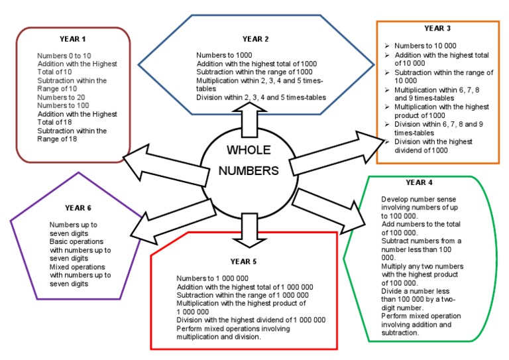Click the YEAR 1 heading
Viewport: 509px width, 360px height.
click(x=72, y=39)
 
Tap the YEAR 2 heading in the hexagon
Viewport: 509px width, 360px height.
click(x=255, y=39)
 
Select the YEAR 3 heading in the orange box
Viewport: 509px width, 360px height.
click(x=437, y=29)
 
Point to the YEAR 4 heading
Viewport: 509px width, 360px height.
click(x=419, y=183)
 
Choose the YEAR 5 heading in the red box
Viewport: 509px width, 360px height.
click(x=243, y=262)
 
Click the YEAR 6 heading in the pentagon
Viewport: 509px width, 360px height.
click(x=78, y=208)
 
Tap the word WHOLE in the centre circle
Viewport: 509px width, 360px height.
click(x=249, y=150)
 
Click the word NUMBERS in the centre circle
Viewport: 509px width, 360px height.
click(x=249, y=171)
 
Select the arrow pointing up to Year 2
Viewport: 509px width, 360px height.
click(x=250, y=119)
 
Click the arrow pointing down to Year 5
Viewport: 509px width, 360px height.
click(x=250, y=230)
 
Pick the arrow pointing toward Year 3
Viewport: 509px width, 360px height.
click(x=337, y=153)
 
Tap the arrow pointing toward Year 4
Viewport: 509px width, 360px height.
click(x=329, y=211)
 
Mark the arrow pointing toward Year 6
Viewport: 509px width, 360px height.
click(x=174, y=222)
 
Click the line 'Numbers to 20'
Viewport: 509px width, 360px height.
click(x=61, y=97)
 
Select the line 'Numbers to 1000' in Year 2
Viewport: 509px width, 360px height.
click(x=224, y=55)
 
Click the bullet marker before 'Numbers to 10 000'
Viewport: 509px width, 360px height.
click(x=387, y=46)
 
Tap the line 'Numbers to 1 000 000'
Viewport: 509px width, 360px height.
click(x=212, y=278)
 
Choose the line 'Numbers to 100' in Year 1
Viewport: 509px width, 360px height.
click(x=63, y=105)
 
